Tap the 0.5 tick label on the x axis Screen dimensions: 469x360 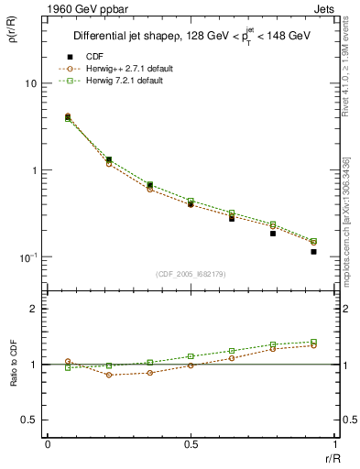[191, 444]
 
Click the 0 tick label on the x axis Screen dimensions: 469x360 [48, 444]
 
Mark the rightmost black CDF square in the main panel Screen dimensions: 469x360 [313, 251]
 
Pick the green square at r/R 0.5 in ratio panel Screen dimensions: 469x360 [191, 356]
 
